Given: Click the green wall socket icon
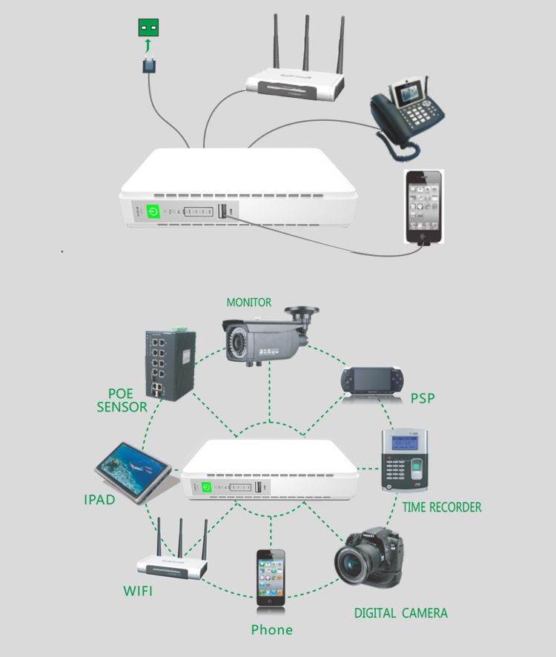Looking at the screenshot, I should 149,29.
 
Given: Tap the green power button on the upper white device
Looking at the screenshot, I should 153,211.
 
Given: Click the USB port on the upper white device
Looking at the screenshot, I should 222,212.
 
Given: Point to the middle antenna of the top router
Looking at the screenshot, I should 305,41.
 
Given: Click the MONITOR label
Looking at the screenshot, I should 248,303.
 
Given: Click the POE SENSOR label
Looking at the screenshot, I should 122,400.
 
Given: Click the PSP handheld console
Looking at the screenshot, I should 372,380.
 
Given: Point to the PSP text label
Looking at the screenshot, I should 423,399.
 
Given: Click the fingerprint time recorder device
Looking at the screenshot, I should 405,460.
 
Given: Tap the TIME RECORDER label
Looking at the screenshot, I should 442,508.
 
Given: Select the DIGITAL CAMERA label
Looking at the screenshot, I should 400,613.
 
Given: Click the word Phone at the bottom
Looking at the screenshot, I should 271,630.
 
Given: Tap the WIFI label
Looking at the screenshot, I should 139,591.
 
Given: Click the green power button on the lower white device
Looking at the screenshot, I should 207,488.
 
